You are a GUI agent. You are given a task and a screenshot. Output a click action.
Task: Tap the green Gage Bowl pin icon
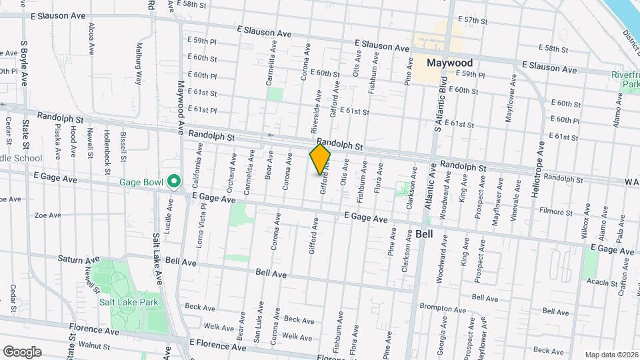[x=175, y=181]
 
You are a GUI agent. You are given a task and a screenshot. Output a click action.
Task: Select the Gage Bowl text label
[x=142, y=182]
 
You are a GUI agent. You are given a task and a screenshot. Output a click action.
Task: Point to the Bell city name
[x=425, y=234]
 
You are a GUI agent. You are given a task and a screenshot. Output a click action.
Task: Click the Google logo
[x=22, y=351]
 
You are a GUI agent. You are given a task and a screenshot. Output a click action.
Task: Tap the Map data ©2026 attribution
[x=611, y=355]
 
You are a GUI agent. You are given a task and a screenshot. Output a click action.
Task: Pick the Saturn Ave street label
[x=78, y=259]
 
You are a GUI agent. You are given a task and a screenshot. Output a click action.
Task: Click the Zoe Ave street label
[x=47, y=215]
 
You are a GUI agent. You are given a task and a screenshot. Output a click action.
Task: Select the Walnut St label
[x=93, y=345]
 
